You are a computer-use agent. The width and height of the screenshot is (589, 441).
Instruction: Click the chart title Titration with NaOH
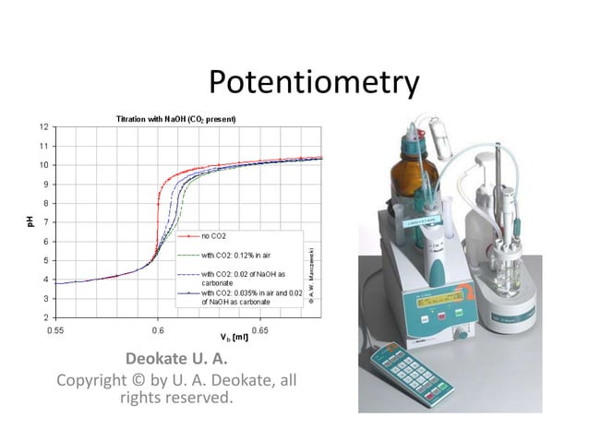[x=175, y=119]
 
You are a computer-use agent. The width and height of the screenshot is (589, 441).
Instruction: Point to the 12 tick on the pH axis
[x=43, y=126]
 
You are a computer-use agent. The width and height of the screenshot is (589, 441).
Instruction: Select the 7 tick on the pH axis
[x=44, y=222]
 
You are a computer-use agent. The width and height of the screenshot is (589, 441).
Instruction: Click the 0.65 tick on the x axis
[x=260, y=329]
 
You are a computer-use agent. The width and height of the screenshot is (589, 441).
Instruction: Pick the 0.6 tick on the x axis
[x=158, y=329]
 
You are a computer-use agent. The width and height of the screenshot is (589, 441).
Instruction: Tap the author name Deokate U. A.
[x=175, y=358]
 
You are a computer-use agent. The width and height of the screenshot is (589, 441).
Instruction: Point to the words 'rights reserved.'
[x=176, y=399]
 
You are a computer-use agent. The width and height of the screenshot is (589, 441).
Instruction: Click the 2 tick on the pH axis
[x=44, y=317]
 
